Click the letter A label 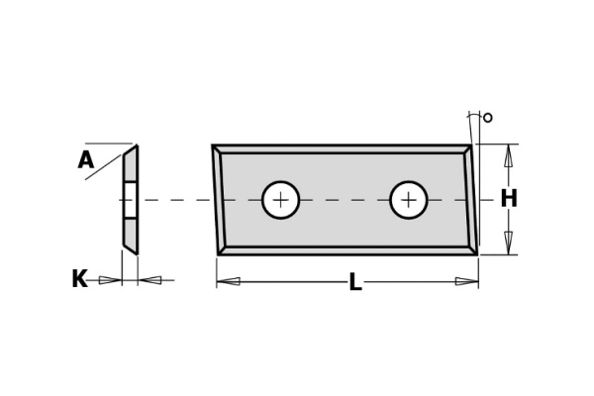(x=86, y=159)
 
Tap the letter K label (x=79, y=279)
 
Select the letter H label (x=509, y=199)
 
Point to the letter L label (x=355, y=282)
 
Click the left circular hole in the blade (x=281, y=200)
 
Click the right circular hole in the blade (x=409, y=200)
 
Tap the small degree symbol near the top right (x=488, y=118)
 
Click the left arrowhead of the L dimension (x=228, y=281)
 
